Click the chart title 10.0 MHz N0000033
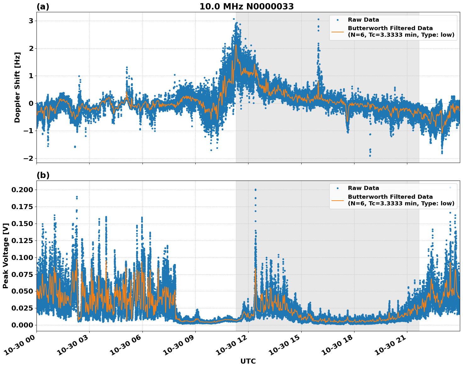point(246,7)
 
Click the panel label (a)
point(43,7)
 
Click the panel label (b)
point(43,175)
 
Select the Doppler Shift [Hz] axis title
point(17,87)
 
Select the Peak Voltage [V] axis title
point(5,256)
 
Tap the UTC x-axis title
point(248,361)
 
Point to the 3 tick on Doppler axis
point(31,21)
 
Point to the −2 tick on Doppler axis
point(28,158)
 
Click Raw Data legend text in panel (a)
point(363,20)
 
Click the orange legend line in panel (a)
point(337,31)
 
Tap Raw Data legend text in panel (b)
point(363,188)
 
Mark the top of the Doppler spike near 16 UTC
point(318,19)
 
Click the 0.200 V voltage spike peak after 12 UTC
point(255,190)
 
